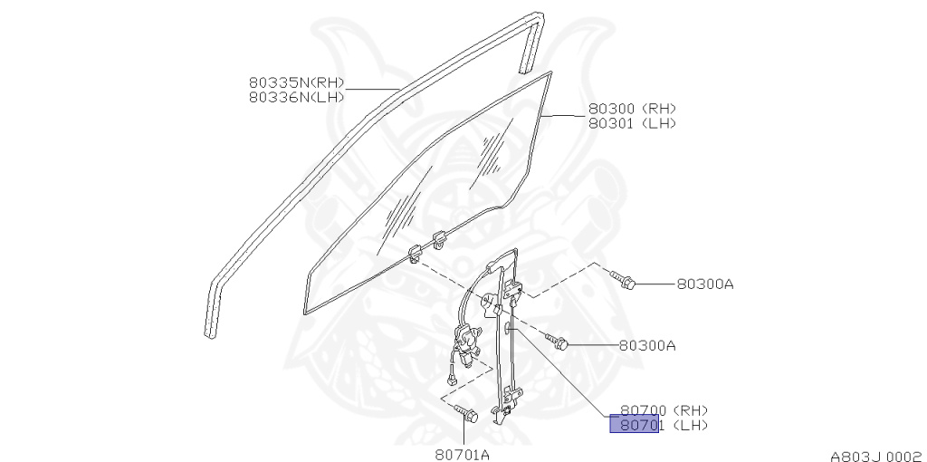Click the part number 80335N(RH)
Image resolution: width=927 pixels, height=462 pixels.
[296, 82]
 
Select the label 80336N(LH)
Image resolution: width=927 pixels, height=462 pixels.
[296, 97]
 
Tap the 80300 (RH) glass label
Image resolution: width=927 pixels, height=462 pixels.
[632, 108]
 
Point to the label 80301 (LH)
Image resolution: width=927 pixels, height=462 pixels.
[632, 123]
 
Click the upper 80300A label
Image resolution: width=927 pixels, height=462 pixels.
[704, 284]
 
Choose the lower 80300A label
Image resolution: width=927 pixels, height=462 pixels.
[647, 345]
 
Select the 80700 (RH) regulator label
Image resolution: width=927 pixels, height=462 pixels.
[664, 409]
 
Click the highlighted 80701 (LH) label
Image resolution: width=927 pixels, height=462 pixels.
[658, 425]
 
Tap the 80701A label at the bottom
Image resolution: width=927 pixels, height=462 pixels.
[462, 454]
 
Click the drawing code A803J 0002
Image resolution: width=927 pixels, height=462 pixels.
[876, 456]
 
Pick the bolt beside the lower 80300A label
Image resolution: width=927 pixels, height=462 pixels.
[558, 342]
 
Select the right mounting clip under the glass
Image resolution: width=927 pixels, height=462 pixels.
[442, 241]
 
